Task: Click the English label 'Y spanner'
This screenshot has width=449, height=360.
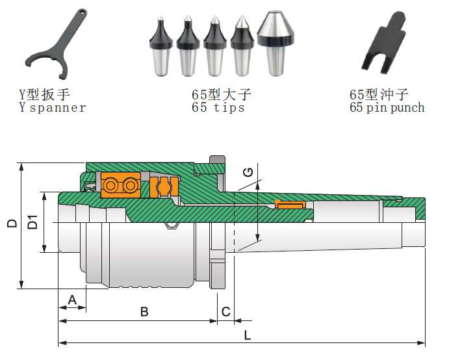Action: pyautogui.click(x=52, y=108)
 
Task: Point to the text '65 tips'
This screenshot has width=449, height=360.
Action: pyautogui.click(x=218, y=108)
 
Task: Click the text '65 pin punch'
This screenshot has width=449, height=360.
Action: pyautogui.click(x=387, y=108)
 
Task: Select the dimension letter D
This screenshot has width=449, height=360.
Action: pyautogui.click(x=12, y=224)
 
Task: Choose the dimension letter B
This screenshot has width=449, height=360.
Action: pyautogui.click(x=144, y=312)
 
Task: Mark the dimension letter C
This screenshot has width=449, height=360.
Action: pyautogui.click(x=225, y=312)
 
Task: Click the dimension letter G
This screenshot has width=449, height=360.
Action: pyautogui.click(x=248, y=173)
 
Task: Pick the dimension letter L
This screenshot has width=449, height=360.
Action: pyautogui.click(x=247, y=335)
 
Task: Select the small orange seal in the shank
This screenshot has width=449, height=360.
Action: pyautogui.click(x=290, y=205)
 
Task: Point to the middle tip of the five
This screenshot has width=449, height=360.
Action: pyautogui.click(x=214, y=47)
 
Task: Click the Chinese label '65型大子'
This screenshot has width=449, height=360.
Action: pyautogui.click(x=221, y=95)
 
